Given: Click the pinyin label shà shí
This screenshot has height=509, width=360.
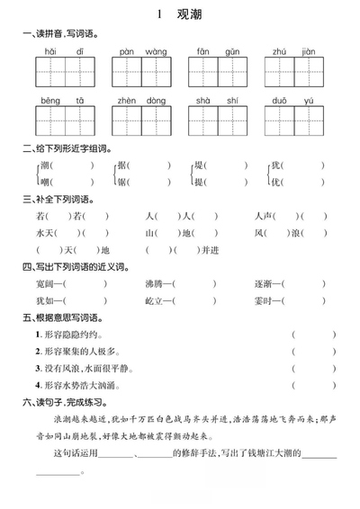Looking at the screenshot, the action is [x=217, y=103].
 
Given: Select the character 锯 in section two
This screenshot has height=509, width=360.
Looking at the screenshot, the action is [x=122, y=181].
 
